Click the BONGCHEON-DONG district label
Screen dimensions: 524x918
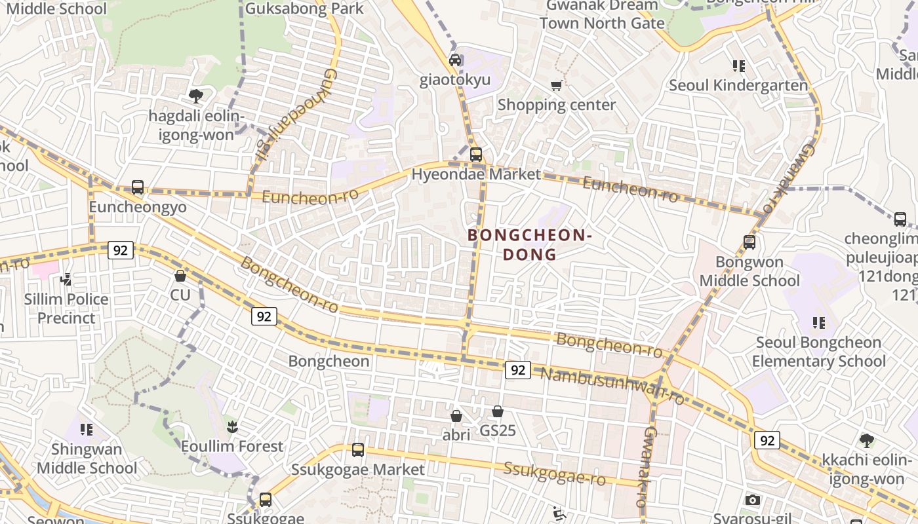pos(530,244)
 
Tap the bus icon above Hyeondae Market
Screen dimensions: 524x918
pos(476,155)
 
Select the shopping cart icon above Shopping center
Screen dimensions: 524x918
pos(557,85)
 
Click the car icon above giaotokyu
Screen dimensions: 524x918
pos(455,60)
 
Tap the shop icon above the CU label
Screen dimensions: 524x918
pos(180,276)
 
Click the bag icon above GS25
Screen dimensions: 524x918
pos(498,411)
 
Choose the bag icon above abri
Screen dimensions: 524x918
pos(456,416)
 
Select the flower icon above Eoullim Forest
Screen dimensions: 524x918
pos(231,427)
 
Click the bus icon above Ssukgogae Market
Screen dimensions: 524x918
pos(358,450)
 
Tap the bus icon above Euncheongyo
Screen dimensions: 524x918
pos(138,187)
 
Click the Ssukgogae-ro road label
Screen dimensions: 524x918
pos(555,474)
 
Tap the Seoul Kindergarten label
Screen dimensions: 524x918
pos(738,85)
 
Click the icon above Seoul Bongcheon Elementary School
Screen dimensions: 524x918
pos(819,322)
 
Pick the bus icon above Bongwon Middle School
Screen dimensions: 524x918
pos(749,242)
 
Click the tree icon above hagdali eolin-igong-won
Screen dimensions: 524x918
pos(195,96)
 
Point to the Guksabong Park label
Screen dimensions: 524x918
pos(304,9)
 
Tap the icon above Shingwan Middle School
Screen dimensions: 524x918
pos(87,430)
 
